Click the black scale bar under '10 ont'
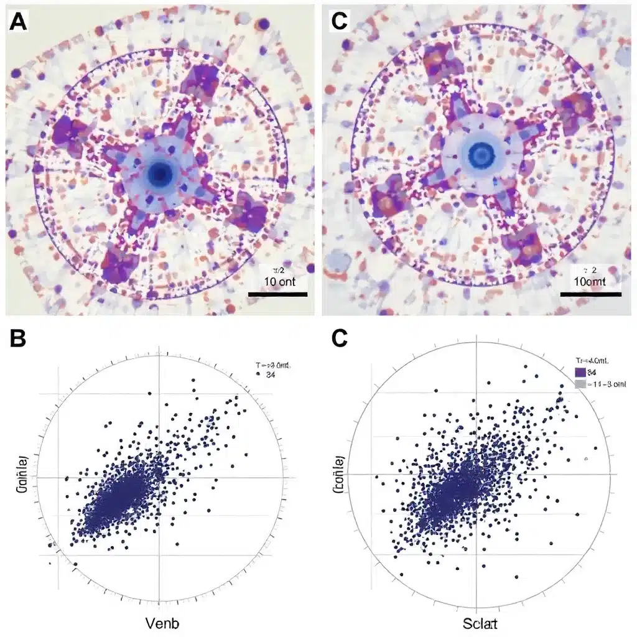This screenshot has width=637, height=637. click(x=277, y=294)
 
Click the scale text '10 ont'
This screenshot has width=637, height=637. click(x=277, y=282)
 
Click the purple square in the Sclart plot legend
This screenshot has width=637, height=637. click(x=580, y=373)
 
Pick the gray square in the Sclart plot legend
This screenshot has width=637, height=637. click(x=580, y=384)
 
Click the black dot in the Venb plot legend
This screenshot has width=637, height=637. click(x=257, y=375)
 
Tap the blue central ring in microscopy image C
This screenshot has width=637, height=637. click(x=480, y=153)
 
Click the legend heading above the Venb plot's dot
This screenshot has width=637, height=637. click(x=273, y=366)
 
